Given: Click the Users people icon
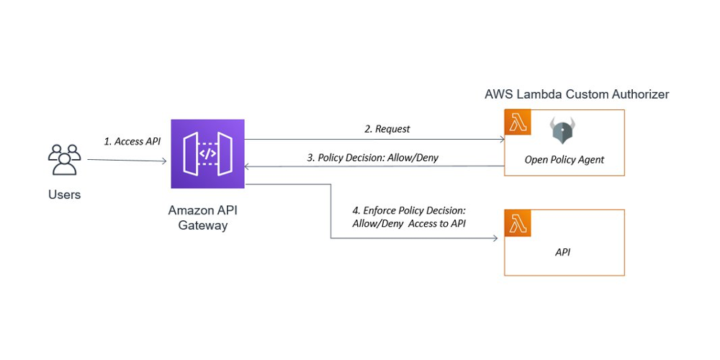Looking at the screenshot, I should coord(63,160).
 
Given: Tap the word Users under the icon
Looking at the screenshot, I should coord(64,194).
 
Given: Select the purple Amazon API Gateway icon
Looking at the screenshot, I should coord(207,153).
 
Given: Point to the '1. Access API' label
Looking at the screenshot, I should coord(132,141).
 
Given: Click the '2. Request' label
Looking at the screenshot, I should coord(387,129).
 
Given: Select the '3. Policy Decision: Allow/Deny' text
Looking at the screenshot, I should coord(372,157).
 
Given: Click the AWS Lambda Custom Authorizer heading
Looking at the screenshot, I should coord(577,94).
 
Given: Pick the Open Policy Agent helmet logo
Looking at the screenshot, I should coord(563,131).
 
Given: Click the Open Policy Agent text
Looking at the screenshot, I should coord(564,160).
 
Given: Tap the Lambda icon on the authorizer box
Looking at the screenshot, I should coord(517,122).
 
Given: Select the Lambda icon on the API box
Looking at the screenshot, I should coord(517,222).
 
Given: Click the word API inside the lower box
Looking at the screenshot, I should coord(564,252).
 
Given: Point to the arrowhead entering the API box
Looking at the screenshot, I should coord(495,238).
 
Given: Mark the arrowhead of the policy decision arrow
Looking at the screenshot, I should coord(248,166).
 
